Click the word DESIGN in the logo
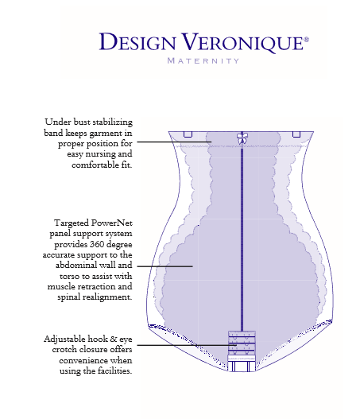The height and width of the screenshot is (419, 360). (137, 41)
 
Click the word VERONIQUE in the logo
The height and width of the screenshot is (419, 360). (242, 42)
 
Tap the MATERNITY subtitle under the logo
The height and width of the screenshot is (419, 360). (203, 61)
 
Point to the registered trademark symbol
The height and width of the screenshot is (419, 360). (306, 40)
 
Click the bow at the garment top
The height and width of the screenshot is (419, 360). (242, 138)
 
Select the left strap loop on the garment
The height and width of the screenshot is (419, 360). (188, 134)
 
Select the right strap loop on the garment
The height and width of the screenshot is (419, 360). (296, 134)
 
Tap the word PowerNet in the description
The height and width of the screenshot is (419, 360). (111, 223)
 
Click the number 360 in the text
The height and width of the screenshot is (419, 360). (96, 244)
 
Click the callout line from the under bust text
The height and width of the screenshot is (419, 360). (174, 142)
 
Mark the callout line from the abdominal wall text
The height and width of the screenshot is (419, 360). (165, 266)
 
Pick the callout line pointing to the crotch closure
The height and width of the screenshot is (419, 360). (187, 345)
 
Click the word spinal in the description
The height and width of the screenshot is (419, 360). (68, 297)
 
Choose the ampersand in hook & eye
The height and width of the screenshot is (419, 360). (113, 339)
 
